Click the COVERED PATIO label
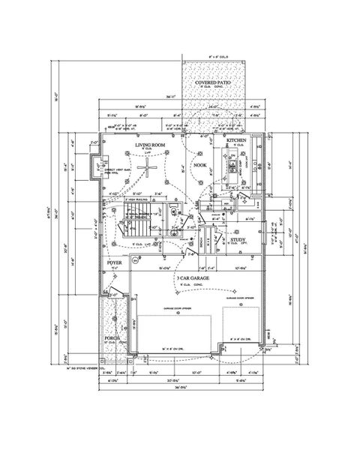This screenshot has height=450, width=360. (216, 83)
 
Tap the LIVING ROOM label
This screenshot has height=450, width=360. (150, 144)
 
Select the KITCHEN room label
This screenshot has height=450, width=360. (237, 140)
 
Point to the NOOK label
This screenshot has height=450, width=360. (199, 164)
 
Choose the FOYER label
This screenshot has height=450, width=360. (115, 264)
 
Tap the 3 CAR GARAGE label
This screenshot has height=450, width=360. (193, 277)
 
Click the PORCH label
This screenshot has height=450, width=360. (113, 338)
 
